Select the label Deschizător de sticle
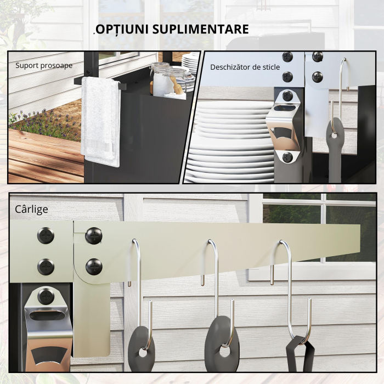point(245,67)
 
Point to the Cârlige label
point(32,210)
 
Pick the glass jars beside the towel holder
point(167,80)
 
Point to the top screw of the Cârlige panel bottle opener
point(46,297)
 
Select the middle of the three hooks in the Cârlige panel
point(214,285)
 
